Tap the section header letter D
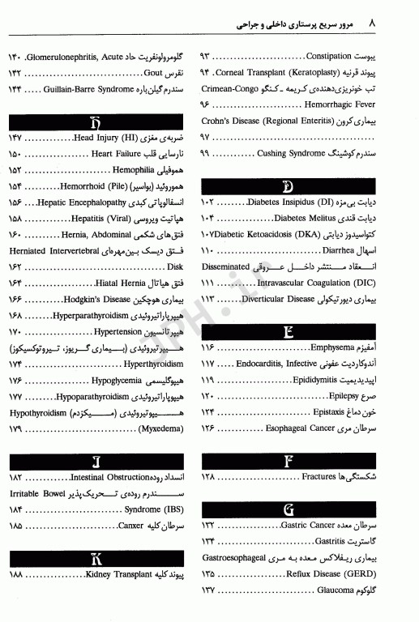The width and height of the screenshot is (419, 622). [309, 185]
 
